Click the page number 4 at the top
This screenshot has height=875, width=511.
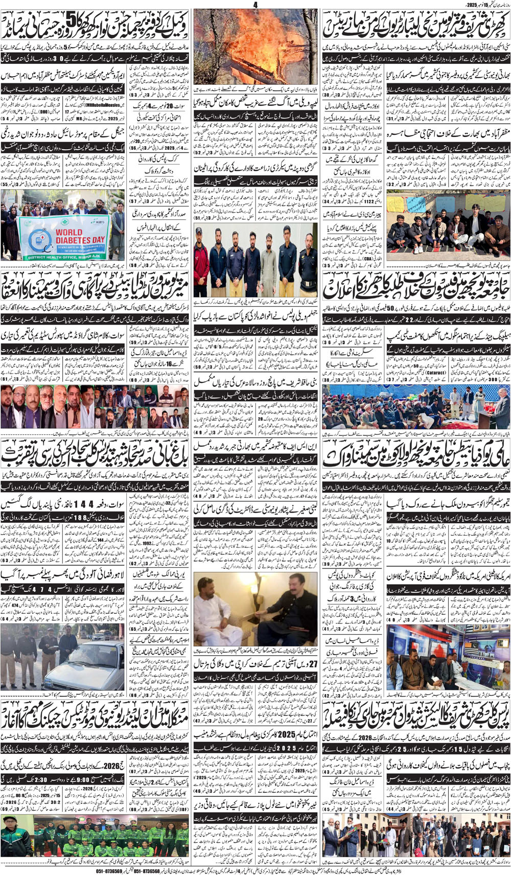coord(255,5)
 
